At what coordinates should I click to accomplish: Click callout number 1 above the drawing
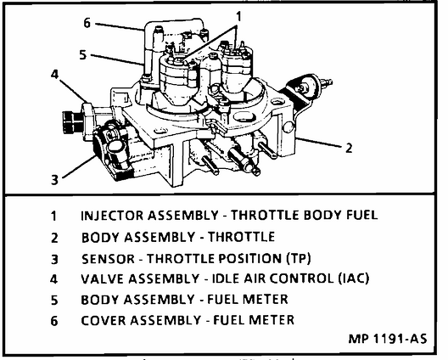click(x=238, y=15)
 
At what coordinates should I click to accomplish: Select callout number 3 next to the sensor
click(x=54, y=178)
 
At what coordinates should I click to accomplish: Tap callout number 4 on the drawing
click(x=54, y=74)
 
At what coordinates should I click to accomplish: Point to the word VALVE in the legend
click(x=103, y=278)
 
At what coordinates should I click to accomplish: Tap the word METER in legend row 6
click(x=272, y=320)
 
